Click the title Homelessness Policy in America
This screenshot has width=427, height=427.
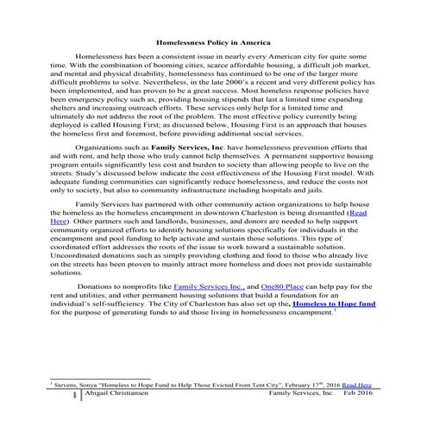pyautogui.click(x=212, y=41)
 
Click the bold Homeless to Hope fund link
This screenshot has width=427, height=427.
pyautogui.click(x=337, y=353)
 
